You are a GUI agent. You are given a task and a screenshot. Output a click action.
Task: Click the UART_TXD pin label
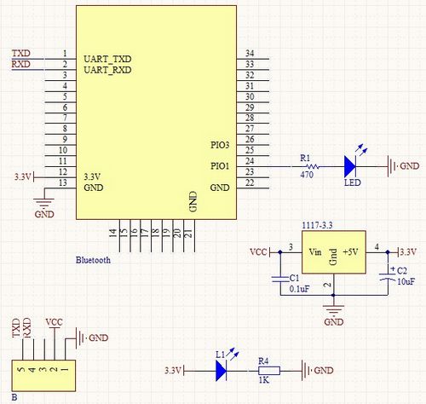107,59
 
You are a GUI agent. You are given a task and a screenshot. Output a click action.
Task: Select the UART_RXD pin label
107,70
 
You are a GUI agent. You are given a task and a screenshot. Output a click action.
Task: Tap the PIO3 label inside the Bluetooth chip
220,145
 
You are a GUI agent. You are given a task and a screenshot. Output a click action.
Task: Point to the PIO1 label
220,166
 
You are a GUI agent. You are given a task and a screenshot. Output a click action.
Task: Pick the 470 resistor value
307,175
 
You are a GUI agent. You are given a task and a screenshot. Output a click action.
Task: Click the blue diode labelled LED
350,167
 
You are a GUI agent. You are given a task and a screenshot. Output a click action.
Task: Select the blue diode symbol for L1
221,371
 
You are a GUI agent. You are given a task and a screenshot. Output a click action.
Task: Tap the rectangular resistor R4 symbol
269,371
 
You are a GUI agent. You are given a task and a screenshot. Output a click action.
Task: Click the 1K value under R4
264,380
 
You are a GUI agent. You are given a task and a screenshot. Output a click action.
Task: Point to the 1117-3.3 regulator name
317,226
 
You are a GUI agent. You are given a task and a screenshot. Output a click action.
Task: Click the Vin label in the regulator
315,252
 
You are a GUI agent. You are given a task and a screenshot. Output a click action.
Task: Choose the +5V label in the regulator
350,252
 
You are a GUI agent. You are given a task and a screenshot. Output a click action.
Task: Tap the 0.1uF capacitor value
299,289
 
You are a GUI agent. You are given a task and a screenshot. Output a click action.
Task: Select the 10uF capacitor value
406,281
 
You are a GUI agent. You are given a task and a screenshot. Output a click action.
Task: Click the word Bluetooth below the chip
93,260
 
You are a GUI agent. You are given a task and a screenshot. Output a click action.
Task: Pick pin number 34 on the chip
250,53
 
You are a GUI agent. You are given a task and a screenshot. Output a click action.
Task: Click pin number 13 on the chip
63,182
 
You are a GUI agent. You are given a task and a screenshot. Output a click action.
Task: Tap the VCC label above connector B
54,322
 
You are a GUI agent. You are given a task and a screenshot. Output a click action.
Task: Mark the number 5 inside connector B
21,370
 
